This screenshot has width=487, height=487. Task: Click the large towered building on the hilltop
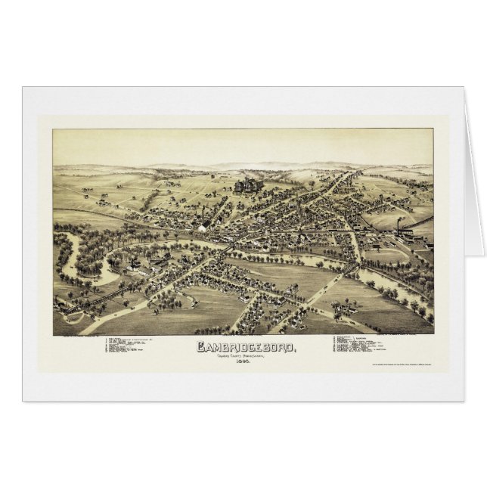pyautogui.click(x=247, y=185)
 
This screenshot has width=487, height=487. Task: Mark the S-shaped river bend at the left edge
pyautogui.click(x=76, y=253)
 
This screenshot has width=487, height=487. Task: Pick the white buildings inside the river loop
pyautogui.click(x=136, y=266)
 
